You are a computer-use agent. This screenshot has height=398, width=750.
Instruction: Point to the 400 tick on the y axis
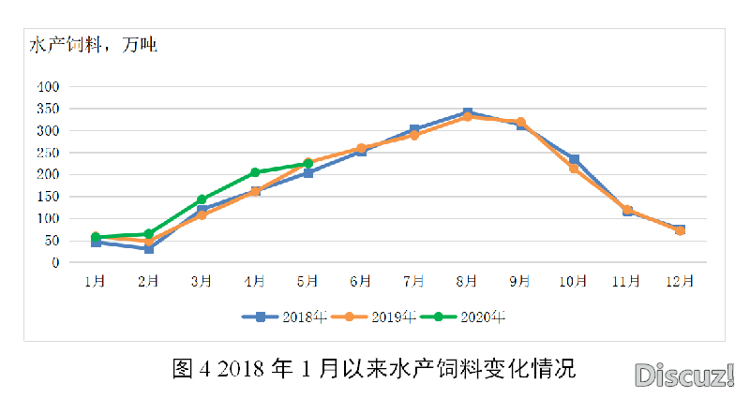pos(48,86)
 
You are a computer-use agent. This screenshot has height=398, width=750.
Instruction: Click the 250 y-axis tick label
pos(48,153)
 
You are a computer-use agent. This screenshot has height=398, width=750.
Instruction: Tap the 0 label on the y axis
pos(56,263)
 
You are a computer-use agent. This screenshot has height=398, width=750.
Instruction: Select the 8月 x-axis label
pos(468,281)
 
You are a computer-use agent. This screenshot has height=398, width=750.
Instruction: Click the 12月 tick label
pos(680,281)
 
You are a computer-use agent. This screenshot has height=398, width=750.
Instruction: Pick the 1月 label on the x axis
pos(96,281)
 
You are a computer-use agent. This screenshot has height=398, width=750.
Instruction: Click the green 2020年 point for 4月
pos(255,172)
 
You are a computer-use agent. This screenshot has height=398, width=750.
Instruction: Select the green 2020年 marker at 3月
pos(202,199)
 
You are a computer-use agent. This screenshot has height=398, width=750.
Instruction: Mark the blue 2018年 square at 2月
pos(148,249)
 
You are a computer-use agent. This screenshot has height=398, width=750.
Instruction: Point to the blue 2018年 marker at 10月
pos(574,159)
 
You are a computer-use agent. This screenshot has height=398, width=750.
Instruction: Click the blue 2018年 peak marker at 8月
pos(468,113)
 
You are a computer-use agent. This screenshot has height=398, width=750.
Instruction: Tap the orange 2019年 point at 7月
pos(414,135)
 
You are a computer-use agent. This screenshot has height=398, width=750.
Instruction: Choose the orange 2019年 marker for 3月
pos(202,215)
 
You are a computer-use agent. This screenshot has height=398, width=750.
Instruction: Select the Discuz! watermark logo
pos(684,376)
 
